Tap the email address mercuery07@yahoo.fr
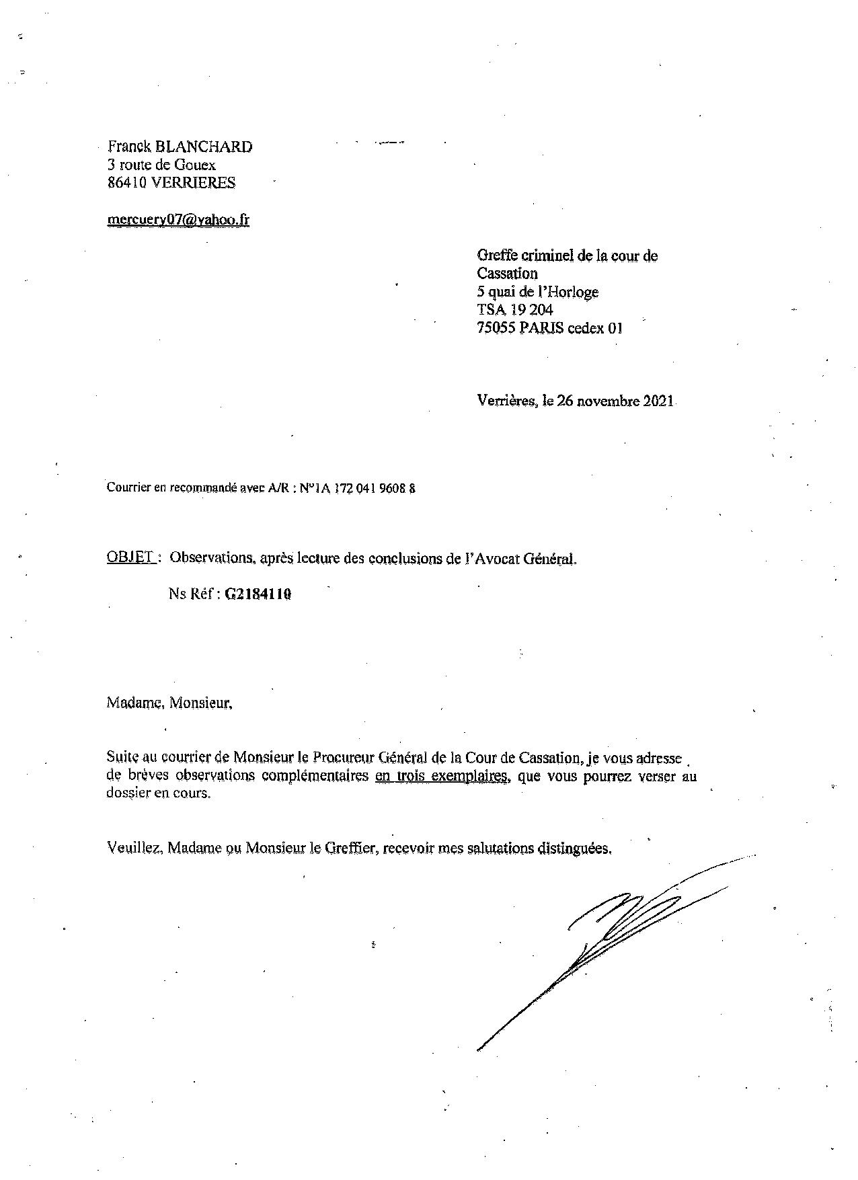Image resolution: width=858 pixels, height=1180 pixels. point(178,219)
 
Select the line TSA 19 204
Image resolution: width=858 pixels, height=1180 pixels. point(515,310)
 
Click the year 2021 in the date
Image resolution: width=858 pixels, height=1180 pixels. point(658,401)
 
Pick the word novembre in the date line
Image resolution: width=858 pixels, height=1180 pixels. point(605,401)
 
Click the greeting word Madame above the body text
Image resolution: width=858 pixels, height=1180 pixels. point(134,703)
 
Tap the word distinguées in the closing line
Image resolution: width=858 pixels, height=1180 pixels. point(574,848)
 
